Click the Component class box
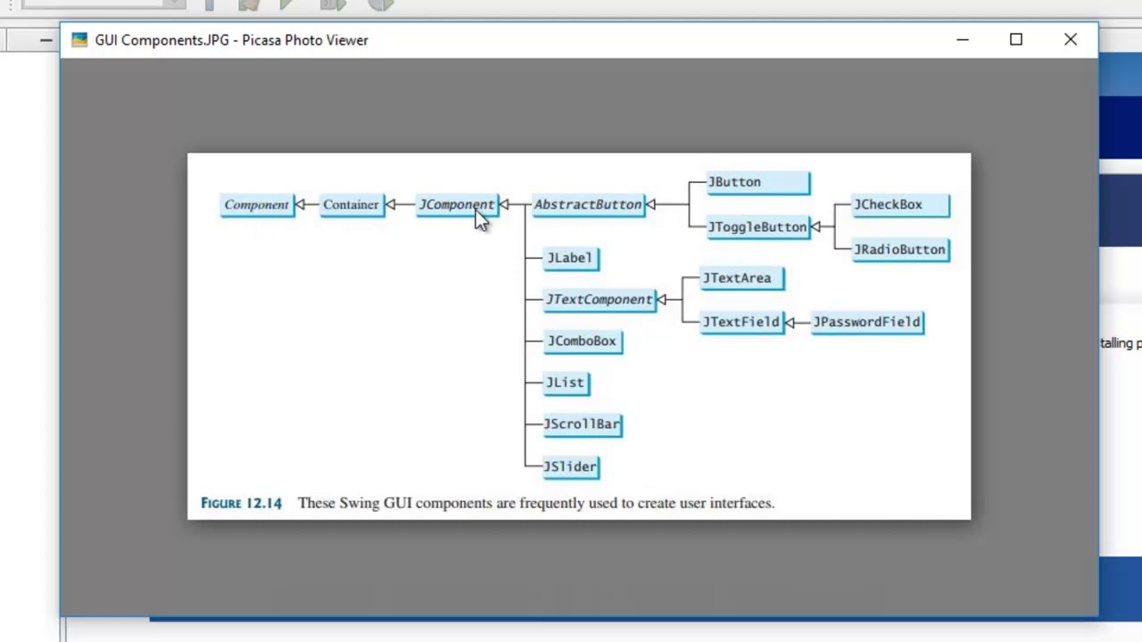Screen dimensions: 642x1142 [257, 205]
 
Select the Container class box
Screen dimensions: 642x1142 [351, 205]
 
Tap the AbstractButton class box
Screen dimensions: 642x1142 [588, 205]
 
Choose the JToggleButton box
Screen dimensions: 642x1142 [757, 227]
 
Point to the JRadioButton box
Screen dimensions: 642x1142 [899, 250]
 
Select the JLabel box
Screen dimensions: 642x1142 [570, 259]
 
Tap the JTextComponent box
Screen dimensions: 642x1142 [600, 300]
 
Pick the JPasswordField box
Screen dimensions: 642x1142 [866, 322]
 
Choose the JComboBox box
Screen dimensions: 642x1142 [582, 342]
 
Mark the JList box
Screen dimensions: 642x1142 [566, 383]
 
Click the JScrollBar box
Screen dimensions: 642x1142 [582, 424]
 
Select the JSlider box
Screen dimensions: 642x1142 [570, 466]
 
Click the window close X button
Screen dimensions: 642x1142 [1071, 40]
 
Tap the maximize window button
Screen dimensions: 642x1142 [1016, 40]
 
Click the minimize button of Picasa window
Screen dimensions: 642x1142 [962, 40]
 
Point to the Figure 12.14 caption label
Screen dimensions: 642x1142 [241, 504]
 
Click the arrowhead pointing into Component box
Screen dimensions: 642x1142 [300, 205]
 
